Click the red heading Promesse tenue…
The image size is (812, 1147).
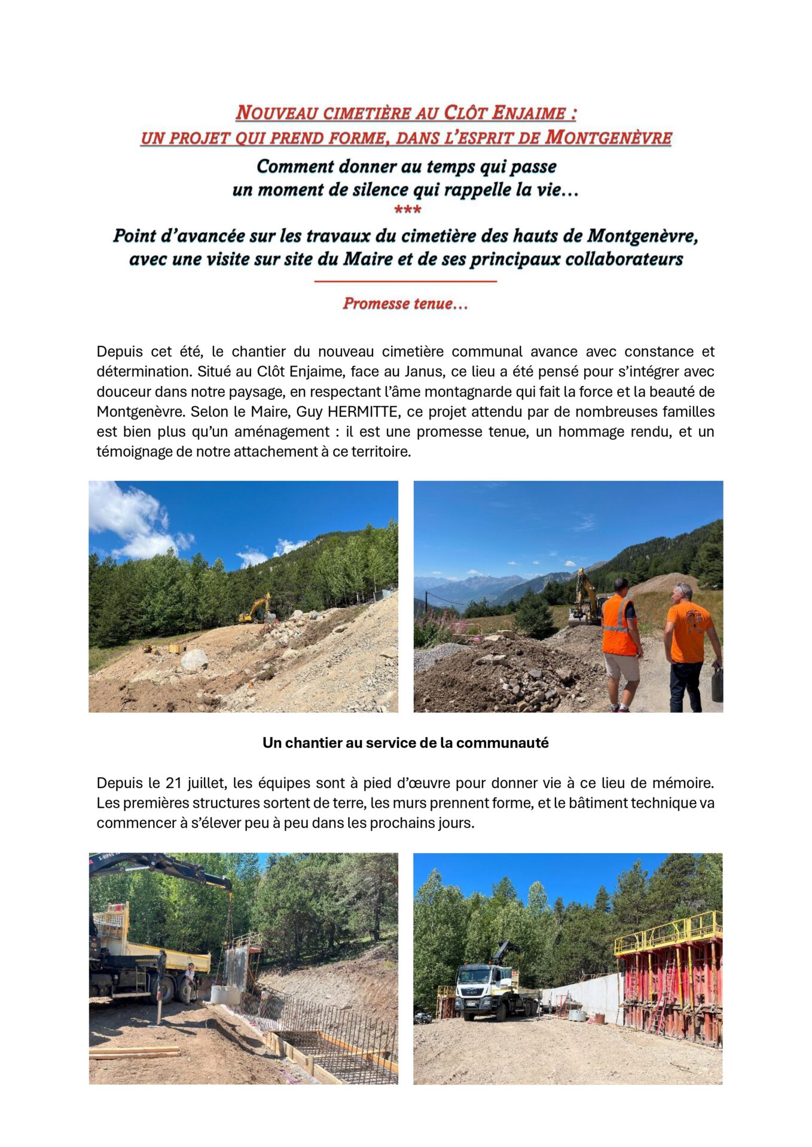coord(405,303)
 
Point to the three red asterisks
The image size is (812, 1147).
coord(408,210)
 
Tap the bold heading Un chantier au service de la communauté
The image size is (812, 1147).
coord(405,743)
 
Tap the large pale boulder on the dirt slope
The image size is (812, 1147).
coord(194,660)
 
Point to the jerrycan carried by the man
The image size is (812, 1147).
coord(718,686)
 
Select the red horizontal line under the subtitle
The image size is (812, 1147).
coord(405,281)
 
